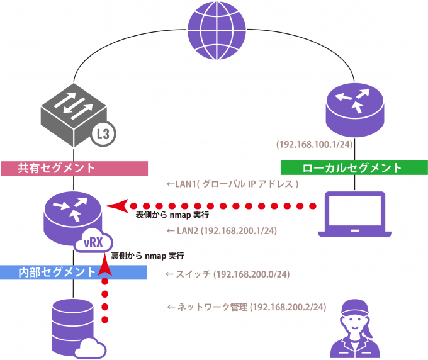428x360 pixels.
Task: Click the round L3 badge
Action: (x=106, y=133)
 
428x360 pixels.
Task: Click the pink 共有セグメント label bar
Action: (x=74, y=168)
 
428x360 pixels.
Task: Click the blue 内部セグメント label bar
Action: (x=74, y=272)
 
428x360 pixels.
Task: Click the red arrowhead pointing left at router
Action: (x=117, y=205)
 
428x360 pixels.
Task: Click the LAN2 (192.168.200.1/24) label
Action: (x=221, y=231)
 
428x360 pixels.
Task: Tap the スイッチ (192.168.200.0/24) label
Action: (x=227, y=274)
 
